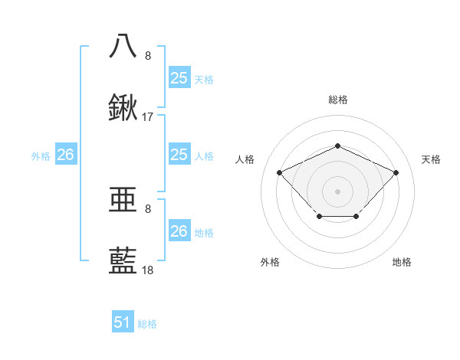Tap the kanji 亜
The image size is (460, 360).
123,200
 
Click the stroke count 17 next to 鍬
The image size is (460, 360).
148,118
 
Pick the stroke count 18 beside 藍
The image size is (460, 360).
148,271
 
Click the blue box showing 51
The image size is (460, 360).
123,322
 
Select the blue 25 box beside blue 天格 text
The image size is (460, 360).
179,78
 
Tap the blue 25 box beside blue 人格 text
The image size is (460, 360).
179,155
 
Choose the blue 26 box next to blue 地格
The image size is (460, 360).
179,231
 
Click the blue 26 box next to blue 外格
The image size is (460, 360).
66,155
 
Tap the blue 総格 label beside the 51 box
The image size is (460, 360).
147,324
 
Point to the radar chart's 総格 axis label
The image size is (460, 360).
337,100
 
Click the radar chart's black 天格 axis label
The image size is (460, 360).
431,159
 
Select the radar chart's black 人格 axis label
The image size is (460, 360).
245,159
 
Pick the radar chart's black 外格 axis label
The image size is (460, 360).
270,262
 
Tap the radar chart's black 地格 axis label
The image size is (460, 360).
402,262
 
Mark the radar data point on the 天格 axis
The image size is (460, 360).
396,172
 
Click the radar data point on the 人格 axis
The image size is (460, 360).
280,172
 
